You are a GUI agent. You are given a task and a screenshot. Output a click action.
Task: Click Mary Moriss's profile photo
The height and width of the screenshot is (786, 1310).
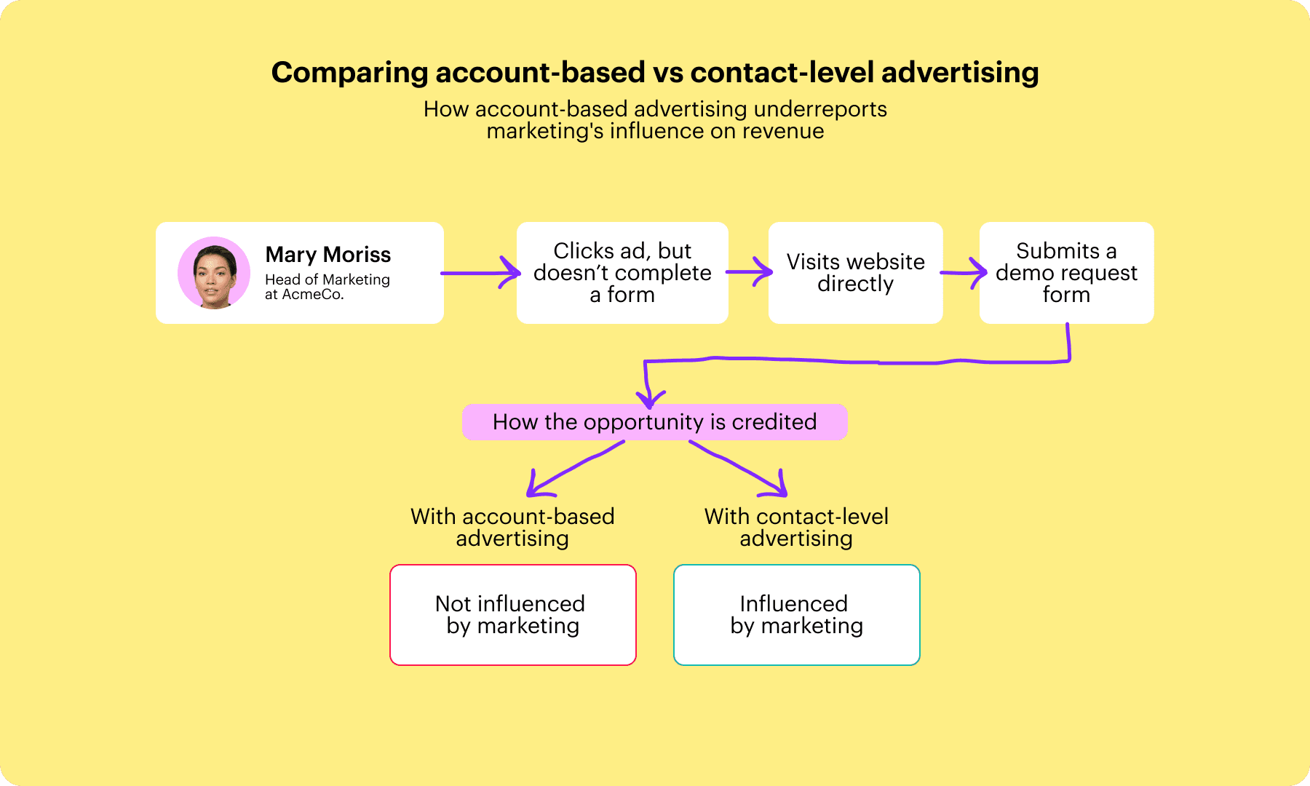(x=214, y=273)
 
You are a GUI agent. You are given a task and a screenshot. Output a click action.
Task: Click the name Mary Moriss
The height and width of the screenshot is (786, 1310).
(x=328, y=255)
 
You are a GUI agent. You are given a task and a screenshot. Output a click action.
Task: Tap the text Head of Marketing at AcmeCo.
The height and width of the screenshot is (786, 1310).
(x=327, y=287)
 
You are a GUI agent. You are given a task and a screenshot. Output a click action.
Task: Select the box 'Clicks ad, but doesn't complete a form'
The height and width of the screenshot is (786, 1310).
(x=622, y=273)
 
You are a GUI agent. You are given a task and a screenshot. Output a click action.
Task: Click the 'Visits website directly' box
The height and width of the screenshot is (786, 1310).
(x=856, y=273)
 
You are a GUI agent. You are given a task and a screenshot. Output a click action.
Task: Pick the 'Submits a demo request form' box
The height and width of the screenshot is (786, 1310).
(x=1067, y=273)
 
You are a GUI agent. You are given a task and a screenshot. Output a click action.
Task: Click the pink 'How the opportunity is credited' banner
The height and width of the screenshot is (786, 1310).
(x=655, y=422)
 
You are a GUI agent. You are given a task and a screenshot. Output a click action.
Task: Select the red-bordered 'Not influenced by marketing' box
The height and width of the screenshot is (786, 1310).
(x=513, y=615)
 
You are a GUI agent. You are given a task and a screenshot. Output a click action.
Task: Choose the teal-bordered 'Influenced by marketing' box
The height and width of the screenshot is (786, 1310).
(x=797, y=615)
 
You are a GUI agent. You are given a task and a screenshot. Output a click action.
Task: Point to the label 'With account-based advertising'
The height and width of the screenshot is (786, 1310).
(x=512, y=528)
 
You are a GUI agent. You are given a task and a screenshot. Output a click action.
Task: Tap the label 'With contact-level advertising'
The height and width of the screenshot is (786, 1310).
(x=796, y=528)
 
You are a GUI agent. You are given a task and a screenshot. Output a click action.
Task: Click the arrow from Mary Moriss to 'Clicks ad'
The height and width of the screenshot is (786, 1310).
(x=480, y=273)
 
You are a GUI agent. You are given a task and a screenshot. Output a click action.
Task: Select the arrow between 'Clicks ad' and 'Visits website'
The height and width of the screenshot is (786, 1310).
(x=750, y=272)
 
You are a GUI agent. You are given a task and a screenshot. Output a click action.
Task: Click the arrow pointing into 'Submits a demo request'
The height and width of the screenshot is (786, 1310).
(x=964, y=273)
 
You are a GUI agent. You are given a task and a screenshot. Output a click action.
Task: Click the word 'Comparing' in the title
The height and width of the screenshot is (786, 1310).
(x=350, y=74)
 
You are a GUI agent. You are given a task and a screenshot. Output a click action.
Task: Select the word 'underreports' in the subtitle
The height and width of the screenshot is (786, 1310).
(x=820, y=109)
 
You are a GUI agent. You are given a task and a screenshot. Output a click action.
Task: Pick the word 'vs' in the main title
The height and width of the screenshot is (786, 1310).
(x=667, y=73)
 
